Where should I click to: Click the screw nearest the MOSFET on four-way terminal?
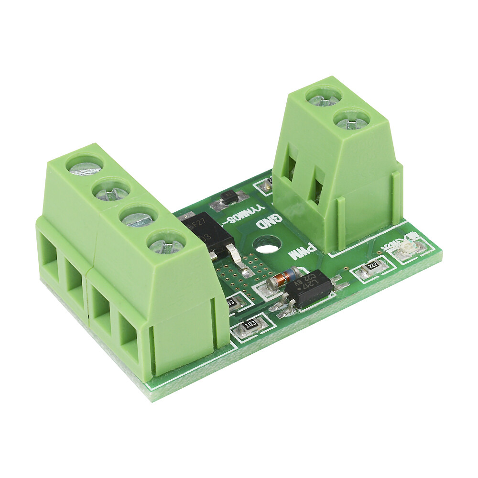tap(166, 245)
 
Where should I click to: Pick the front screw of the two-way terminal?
tap(352, 120)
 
